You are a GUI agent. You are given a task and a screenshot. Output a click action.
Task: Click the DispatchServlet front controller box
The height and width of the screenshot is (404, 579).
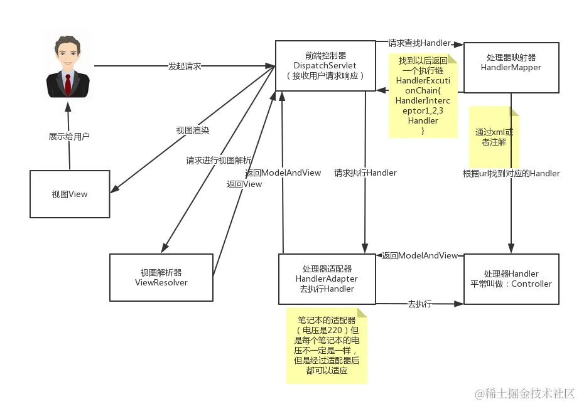[325, 65]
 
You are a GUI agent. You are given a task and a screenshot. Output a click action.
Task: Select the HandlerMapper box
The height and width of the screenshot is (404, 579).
[511, 63]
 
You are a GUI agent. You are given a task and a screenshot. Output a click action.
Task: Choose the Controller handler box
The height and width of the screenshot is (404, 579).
[511, 279]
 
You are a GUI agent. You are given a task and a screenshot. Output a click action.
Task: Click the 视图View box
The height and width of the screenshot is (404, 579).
[70, 194]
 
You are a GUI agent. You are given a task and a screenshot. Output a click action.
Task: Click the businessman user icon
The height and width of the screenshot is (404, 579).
[67, 67]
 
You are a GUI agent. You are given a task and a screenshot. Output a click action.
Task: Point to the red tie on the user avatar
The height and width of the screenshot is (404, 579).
[67, 83]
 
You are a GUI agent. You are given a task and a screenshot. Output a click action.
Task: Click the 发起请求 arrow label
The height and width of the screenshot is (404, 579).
[185, 66]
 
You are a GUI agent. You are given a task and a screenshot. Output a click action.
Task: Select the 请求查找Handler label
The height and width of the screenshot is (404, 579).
[419, 43]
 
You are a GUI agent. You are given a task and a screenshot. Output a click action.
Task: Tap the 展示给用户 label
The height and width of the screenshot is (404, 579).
[69, 136]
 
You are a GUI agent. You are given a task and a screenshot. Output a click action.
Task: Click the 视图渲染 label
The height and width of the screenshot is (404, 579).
[193, 130]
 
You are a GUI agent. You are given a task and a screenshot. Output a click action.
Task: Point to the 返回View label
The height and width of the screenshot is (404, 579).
[244, 184]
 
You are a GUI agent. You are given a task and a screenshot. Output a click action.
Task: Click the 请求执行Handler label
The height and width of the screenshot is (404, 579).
[365, 173]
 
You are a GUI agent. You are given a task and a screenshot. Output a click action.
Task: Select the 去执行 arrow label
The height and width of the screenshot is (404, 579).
[419, 304]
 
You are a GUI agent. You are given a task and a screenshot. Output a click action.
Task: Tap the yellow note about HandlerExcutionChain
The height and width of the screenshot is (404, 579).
[423, 95]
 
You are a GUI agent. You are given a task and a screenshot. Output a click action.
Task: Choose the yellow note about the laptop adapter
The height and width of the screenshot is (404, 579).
[327, 345]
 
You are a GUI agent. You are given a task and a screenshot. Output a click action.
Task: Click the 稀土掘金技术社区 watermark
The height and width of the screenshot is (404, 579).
[524, 393]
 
